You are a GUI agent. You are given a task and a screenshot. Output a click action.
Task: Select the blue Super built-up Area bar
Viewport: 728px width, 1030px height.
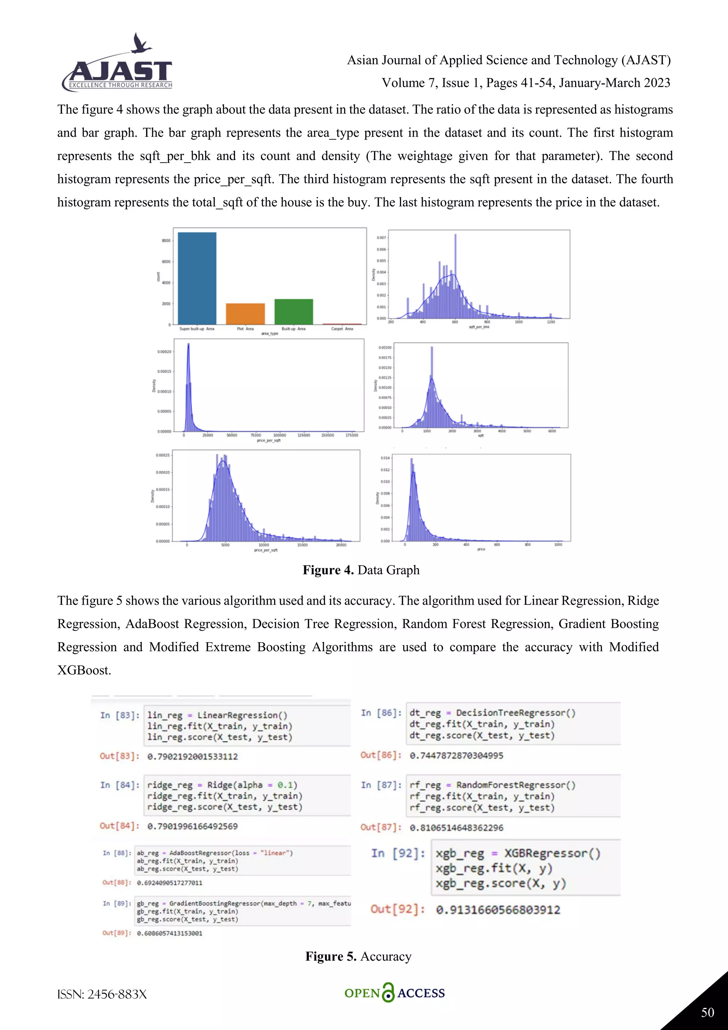(197, 278)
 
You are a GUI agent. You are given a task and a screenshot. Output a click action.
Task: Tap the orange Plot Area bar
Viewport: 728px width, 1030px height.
(245, 314)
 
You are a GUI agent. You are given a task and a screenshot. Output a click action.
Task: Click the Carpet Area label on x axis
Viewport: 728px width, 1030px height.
(342, 329)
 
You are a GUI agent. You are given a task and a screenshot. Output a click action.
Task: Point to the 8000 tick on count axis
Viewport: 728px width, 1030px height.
(166, 240)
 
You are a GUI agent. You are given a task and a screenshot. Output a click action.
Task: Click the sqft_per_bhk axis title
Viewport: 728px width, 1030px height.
(479, 327)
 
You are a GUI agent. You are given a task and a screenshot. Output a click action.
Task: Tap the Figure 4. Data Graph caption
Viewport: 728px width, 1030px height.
(361, 570)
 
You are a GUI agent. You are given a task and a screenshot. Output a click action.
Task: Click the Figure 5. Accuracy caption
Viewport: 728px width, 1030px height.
(358, 956)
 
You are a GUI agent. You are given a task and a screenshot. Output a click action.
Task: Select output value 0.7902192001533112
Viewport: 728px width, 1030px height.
(192, 756)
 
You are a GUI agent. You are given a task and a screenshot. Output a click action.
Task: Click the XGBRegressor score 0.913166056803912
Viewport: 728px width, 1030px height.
(498, 910)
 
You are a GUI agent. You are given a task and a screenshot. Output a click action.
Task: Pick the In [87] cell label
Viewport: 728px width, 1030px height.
(381, 785)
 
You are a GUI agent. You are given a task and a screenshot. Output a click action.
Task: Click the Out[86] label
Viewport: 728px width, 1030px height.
(381, 755)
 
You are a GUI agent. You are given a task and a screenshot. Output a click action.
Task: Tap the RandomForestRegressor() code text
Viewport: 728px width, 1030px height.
(515, 785)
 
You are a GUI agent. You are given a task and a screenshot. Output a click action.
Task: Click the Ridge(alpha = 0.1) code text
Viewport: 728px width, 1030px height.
(252, 785)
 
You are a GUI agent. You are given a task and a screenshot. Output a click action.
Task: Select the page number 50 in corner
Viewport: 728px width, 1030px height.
(707, 1013)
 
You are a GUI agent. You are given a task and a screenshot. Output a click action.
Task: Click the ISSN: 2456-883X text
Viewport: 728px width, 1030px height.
(102, 994)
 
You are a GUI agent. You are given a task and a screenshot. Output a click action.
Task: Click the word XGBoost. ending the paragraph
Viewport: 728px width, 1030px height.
(84, 670)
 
